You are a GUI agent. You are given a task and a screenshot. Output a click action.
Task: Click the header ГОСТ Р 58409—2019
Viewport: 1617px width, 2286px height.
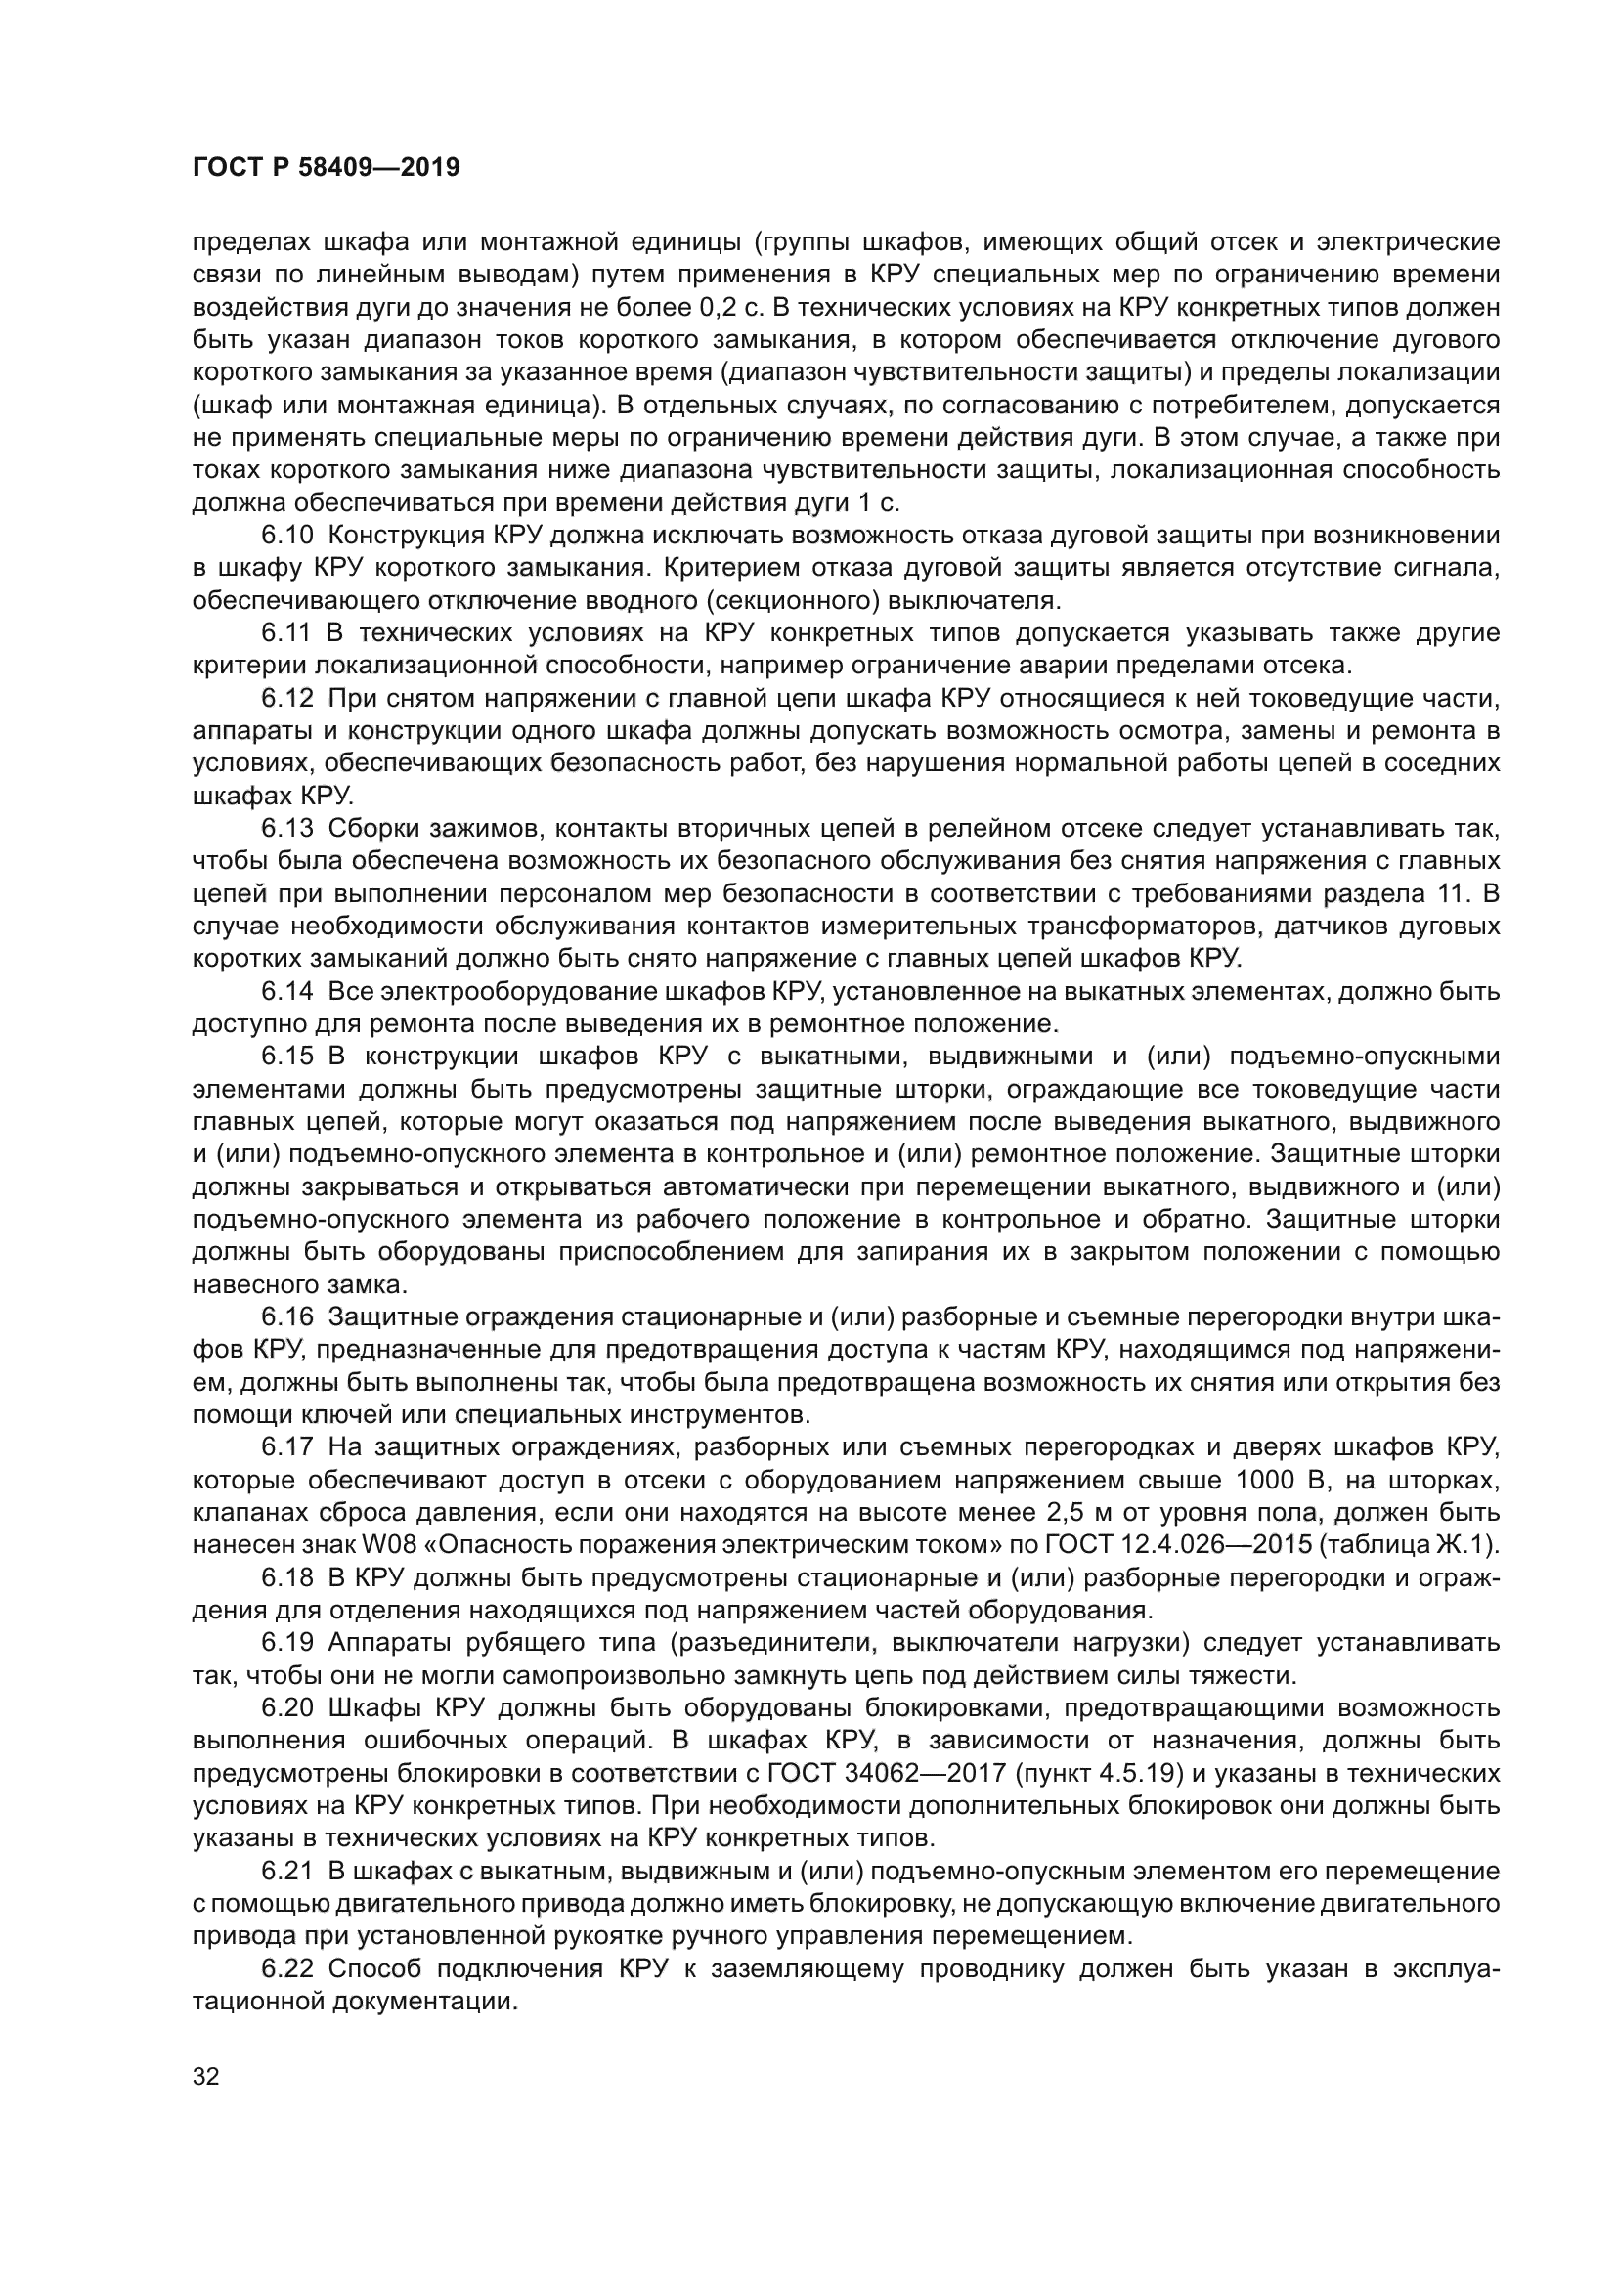(326, 167)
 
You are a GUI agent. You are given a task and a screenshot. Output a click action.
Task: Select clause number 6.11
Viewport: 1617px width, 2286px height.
(286, 633)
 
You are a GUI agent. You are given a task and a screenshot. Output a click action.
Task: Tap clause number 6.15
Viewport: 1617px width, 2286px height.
(286, 1056)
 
